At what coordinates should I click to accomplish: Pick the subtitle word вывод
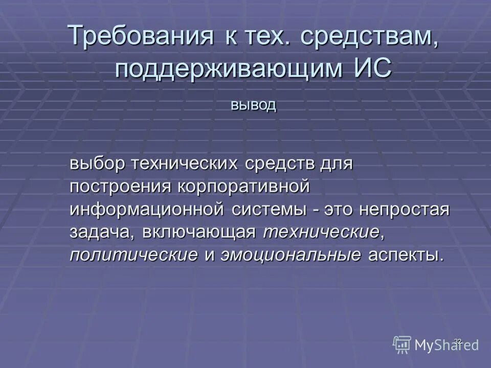[x=253, y=105]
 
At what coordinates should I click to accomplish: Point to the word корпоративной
[x=244, y=186]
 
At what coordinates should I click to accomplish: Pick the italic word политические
[x=134, y=255]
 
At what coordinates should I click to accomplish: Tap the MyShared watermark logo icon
[x=402, y=344]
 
